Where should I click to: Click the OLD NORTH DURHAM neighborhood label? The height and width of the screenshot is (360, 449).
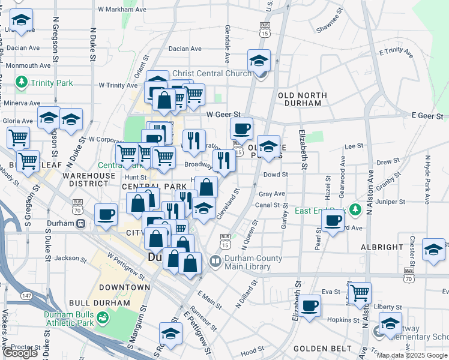point(303,99)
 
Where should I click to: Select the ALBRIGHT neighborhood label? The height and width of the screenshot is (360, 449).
point(382,247)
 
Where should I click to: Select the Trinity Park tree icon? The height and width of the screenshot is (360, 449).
point(22,81)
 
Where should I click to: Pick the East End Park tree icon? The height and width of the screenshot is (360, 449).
point(355,209)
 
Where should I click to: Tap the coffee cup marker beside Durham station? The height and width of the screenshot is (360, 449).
point(106,214)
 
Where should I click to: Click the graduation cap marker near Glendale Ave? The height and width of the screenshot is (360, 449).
point(259,60)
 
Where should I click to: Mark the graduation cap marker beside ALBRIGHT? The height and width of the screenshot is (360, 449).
point(433,249)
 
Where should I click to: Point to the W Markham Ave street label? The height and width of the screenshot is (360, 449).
point(122,10)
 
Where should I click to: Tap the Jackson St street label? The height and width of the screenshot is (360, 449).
point(66,259)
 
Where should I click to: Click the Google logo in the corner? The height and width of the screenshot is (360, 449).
point(20,353)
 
